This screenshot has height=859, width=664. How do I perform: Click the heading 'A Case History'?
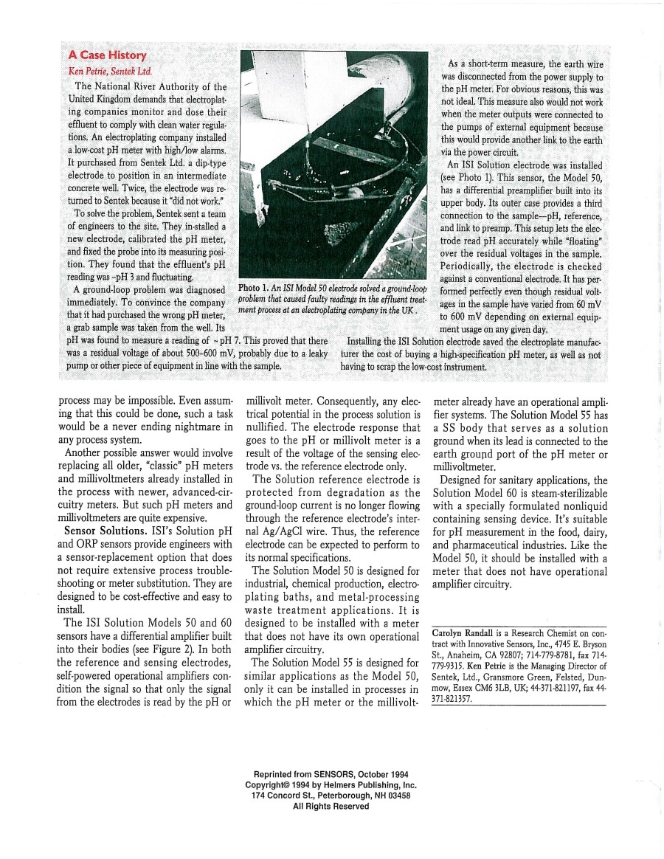tap(107, 55)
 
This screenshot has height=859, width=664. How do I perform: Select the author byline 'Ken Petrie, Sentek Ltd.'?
tap(109, 72)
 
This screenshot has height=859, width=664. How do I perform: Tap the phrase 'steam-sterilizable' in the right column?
tap(553, 492)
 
